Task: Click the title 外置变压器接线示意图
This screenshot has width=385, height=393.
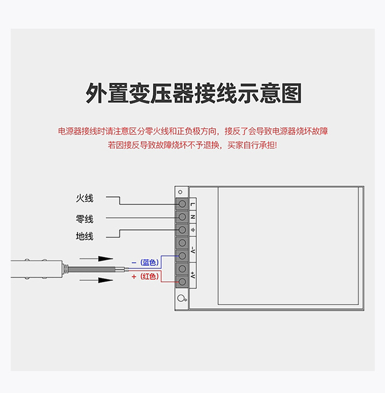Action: pos(193,93)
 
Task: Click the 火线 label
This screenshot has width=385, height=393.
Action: pos(84,198)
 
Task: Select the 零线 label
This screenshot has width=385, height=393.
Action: pos(84,218)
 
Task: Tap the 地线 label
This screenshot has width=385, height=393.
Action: pos(84,236)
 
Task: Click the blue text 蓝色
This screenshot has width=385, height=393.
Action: pos(150,262)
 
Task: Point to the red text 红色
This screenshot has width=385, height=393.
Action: pos(150,276)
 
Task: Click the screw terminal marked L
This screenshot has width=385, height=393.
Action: pos(182,204)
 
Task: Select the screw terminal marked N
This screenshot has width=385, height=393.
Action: pos(182,216)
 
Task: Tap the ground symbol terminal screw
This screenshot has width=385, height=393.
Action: pos(182,230)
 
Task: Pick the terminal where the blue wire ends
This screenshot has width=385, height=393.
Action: pos(182,255)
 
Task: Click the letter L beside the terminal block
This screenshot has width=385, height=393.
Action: pos(193,204)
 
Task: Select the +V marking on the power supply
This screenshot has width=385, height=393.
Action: pos(193,275)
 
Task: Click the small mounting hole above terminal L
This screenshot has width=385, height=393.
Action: pos(180,192)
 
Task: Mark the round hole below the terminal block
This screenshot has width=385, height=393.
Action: pos(181,299)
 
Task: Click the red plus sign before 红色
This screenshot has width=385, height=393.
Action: pos(134,276)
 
